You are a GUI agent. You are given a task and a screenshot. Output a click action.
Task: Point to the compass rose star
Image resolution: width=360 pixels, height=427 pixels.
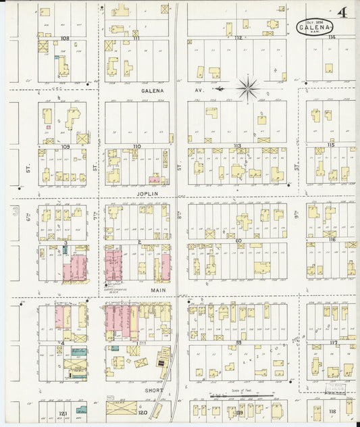(248, 88)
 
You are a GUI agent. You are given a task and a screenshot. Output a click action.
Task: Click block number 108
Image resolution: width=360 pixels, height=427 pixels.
(65, 39)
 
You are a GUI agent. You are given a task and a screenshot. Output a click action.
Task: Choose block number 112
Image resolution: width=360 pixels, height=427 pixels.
(238, 39)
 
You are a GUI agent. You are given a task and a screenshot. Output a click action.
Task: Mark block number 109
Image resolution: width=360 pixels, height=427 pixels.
(66, 146)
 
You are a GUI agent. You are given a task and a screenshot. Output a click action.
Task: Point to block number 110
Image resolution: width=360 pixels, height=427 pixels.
(136, 146)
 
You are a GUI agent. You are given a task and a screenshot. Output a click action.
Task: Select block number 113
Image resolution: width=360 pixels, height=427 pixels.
(237, 146)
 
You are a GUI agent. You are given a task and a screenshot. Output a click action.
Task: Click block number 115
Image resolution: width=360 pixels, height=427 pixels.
(331, 145)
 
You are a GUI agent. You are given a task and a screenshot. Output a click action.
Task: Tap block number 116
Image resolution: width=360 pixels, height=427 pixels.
(332, 240)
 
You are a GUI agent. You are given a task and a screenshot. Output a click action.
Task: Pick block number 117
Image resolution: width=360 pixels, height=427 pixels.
(333, 343)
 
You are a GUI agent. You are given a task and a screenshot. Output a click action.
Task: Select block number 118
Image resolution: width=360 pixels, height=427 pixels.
(332, 411)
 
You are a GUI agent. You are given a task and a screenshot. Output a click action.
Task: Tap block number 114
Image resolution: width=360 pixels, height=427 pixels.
(331, 38)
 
